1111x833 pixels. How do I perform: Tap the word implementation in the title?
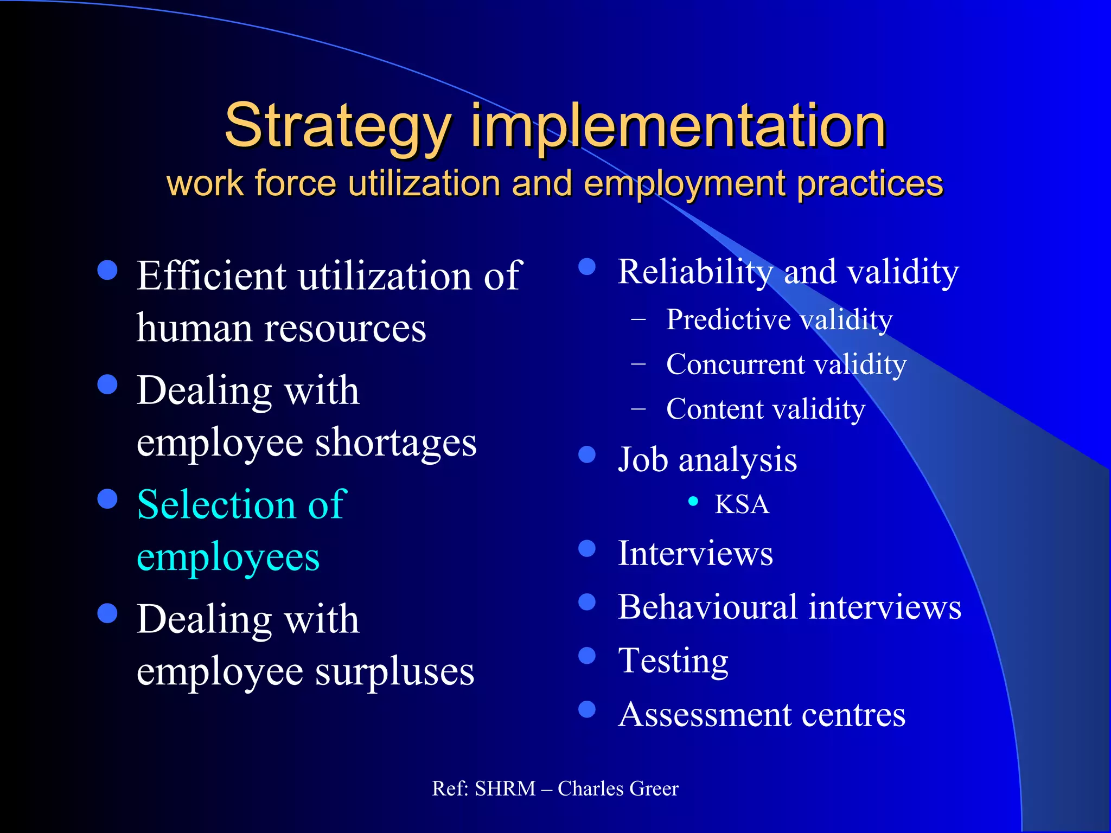point(678,127)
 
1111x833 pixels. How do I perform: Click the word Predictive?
point(727,320)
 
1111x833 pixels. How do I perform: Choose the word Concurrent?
point(735,364)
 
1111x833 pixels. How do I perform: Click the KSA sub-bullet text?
point(742,504)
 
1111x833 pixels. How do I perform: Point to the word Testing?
point(673,661)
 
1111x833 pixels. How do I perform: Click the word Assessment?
point(704,715)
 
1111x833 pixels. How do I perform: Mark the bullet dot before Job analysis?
point(587,454)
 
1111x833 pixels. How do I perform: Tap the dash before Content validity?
point(638,409)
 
